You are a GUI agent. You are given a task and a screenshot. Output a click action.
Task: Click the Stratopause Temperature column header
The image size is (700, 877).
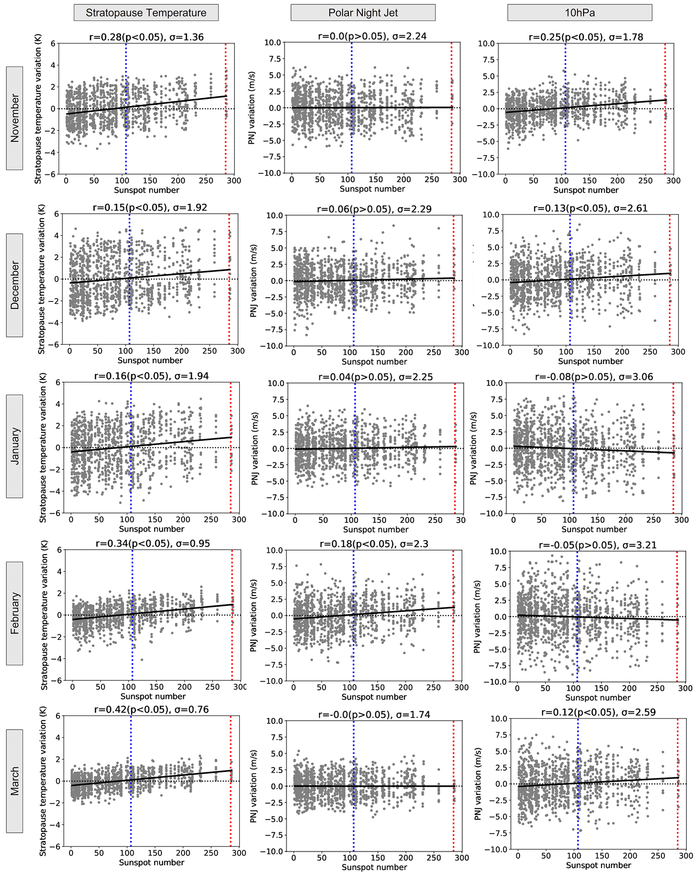coord(146,13)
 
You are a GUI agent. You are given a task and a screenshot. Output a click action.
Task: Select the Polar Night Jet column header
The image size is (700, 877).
coord(362,13)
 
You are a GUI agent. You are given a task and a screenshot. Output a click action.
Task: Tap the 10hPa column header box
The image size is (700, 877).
coord(579,13)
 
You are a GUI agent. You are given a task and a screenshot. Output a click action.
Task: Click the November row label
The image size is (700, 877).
coord(15,118)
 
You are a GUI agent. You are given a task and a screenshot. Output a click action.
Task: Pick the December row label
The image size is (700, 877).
coord(15,285)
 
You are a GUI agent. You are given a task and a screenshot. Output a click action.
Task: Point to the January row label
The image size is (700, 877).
coord(15,446)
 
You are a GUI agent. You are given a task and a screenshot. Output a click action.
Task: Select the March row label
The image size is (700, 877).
coord(15,781)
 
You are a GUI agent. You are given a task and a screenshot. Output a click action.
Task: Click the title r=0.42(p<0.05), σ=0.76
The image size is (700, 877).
coord(151,709)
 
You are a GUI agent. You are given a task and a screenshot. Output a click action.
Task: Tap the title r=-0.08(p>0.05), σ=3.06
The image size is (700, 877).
coord(594,377)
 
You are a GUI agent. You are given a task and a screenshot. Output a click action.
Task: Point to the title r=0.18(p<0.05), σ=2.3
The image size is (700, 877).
coord(374,544)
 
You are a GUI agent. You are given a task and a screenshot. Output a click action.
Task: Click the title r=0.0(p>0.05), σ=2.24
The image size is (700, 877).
coord(372,36)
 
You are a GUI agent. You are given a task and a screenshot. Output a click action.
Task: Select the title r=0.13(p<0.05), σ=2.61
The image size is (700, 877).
coord(590,208)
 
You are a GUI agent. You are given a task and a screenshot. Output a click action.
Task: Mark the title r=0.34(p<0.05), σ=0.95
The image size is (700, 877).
coord(153,544)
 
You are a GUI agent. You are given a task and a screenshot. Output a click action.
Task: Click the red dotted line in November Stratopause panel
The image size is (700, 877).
coord(226,122)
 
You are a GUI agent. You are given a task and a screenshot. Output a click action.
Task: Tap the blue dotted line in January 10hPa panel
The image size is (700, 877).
coord(573,468)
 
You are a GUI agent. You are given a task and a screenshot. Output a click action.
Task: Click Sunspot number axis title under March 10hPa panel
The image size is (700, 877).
coord(598,865)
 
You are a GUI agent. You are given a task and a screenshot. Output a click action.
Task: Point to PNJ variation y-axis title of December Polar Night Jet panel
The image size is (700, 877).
coord(253,281)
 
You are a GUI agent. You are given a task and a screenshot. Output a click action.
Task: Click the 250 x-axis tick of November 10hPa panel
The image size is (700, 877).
coord(645,181)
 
